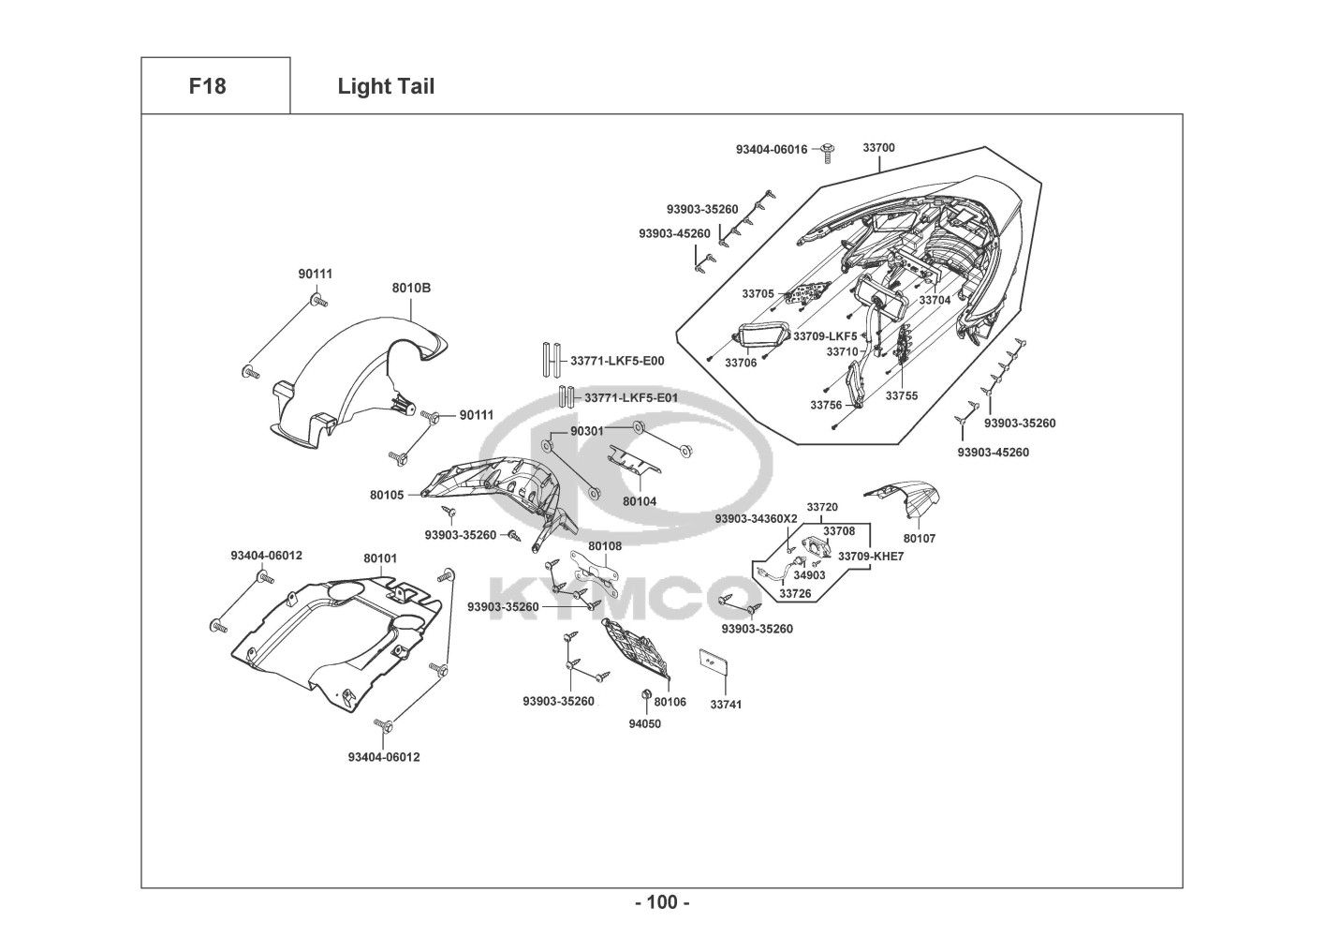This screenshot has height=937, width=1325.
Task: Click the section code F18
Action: [207, 86]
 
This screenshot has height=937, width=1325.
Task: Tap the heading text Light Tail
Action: [386, 87]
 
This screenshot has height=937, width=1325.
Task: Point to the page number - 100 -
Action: [661, 903]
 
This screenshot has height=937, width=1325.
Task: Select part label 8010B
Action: [411, 288]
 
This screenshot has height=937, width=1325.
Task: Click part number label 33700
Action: [878, 148]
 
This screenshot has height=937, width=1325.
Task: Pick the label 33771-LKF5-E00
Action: [617, 360]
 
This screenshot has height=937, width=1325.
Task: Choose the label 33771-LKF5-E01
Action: [631, 398]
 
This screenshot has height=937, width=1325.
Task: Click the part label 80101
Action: [380, 558]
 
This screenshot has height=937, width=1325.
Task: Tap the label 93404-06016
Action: [771, 150]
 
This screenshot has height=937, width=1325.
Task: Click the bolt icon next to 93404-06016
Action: [828, 148]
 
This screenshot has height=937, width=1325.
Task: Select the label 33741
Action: [726, 704]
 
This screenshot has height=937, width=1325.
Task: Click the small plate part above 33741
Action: [714, 662]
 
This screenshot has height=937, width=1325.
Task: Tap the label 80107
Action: [920, 539]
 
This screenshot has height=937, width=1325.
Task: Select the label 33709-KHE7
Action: [871, 557]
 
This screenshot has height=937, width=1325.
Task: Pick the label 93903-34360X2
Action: [756, 519]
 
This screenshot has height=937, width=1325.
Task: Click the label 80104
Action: [640, 501]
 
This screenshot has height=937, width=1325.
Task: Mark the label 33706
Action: [740, 363]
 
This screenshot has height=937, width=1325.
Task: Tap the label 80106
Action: [670, 702]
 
